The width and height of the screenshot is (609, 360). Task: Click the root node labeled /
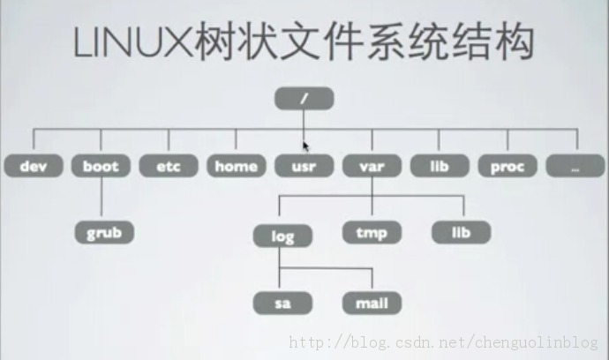point(304,98)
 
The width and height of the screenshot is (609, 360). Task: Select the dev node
point(32,166)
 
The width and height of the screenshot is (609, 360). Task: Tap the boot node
point(101,166)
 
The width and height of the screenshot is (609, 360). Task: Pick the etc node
point(168,166)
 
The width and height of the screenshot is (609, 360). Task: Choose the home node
point(236,166)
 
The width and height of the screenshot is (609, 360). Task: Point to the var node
point(372,166)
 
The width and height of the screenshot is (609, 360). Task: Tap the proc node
point(507,166)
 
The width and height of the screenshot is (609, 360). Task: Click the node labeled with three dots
point(575,166)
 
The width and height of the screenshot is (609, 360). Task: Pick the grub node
point(104,234)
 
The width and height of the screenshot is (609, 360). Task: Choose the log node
point(282,236)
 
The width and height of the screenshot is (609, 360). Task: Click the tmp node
point(372,234)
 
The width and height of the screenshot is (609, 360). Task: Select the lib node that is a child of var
point(462,234)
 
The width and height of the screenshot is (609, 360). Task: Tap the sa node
point(282,304)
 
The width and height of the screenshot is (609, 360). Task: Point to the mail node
point(372,304)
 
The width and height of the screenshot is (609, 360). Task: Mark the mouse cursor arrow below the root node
point(305,146)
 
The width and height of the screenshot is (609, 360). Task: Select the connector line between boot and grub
point(101,199)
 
